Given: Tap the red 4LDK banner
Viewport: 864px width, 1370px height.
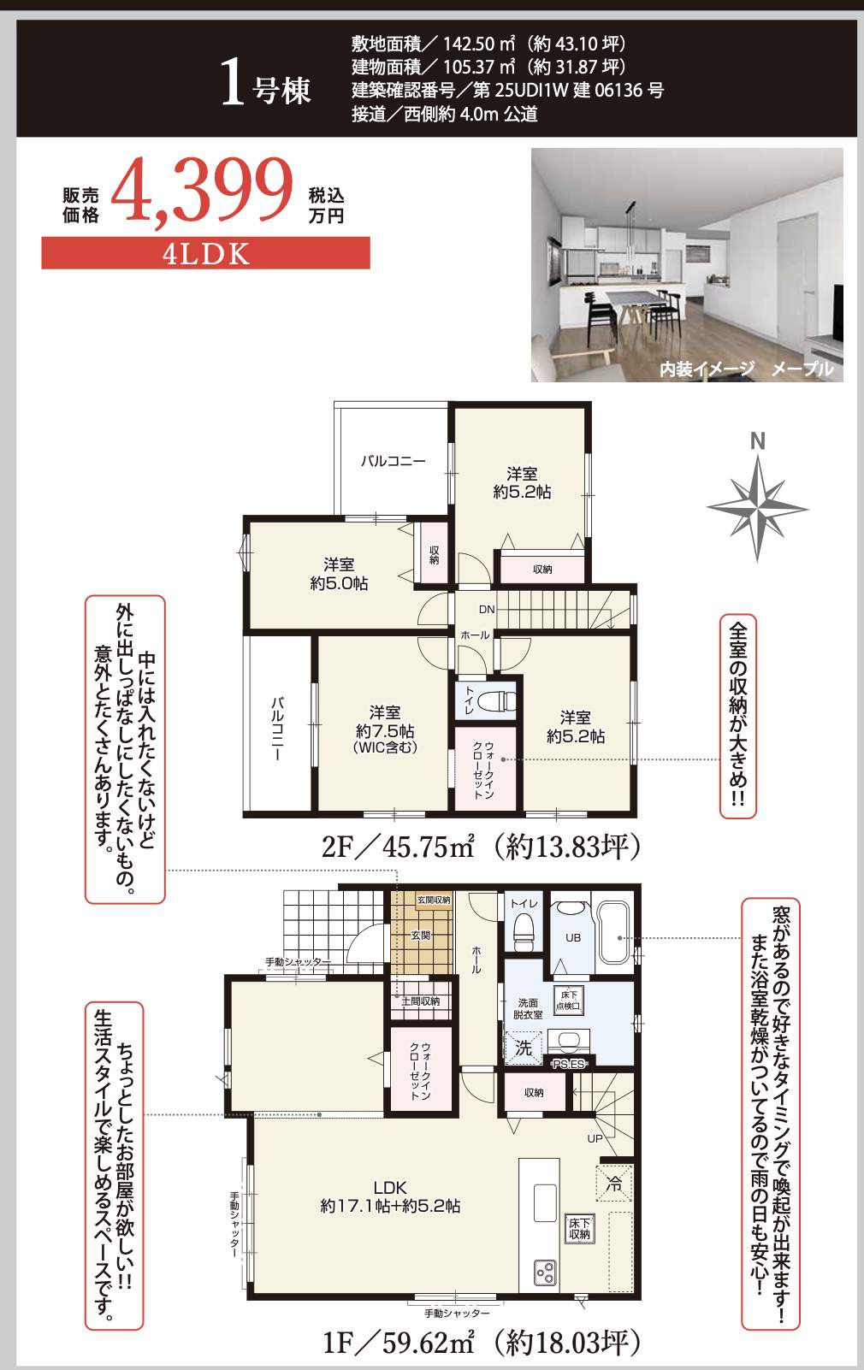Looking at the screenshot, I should coord(205,254).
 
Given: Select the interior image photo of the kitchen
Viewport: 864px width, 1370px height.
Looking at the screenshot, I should coord(687,265).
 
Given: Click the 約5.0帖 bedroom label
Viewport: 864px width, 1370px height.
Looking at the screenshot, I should coord(339,574).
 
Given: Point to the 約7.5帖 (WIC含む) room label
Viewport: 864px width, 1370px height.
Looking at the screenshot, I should coord(385,729).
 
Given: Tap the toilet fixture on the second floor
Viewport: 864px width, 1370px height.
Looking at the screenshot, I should coord(497,701).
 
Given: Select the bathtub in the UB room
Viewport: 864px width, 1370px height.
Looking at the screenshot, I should coord(612,936).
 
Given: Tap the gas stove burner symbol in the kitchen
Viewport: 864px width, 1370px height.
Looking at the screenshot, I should coord(546,1273).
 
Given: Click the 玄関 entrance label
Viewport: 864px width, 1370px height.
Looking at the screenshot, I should coord(421,936).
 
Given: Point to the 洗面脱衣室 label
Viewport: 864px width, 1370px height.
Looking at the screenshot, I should coord(528,1008).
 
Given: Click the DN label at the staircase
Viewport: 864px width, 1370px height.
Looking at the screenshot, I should coord(487,610).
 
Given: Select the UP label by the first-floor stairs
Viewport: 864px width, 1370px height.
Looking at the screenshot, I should coord(595,1138).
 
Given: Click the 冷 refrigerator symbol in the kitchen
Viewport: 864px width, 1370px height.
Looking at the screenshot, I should coord(613,1184).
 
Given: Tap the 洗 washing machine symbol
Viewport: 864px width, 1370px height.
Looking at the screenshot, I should coord(524,1048).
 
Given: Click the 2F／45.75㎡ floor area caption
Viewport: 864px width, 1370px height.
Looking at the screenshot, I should coord(480,847).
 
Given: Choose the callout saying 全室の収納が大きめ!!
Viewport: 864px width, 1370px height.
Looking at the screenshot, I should coord(737,716).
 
